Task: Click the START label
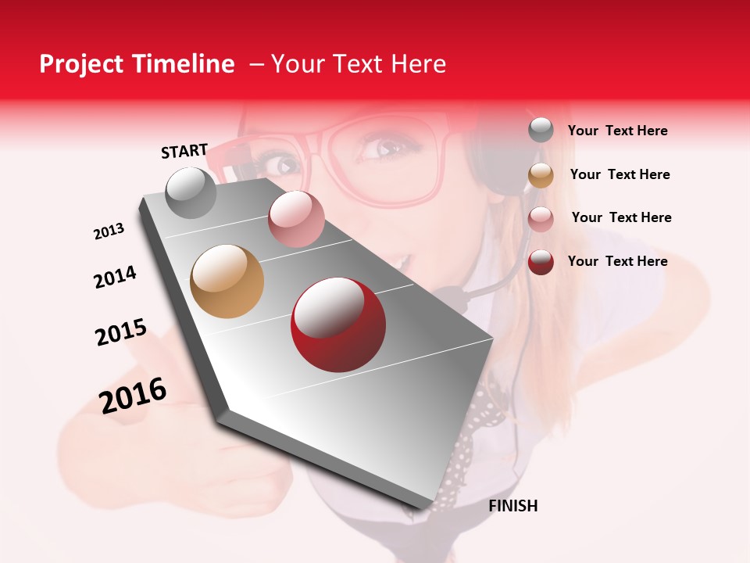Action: pyautogui.click(x=184, y=150)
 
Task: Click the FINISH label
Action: pyautogui.click(x=513, y=506)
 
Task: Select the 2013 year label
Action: pyautogui.click(x=109, y=231)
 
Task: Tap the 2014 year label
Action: pyautogui.click(x=115, y=277)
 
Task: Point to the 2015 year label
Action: pyautogui.click(x=121, y=332)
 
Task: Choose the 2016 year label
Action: pyautogui.click(x=133, y=395)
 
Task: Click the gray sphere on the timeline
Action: pyautogui.click(x=191, y=192)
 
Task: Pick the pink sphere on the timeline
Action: pyautogui.click(x=296, y=219)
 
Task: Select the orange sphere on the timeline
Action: pyautogui.click(x=227, y=281)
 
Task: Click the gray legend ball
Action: pyautogui.click(x=541, y=131)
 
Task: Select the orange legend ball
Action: pyautogui.click(x=541, y=175)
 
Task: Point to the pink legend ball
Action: pyautogui.click(x=541, y=219)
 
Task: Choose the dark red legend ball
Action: pyautogui.click(x=541, y=262)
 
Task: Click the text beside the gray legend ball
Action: pyautogui.click(x=617, y=131)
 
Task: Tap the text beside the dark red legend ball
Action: pyautogui.click(x=617, y=261)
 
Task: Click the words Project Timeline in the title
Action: pyautogui.click(x=137, y=64)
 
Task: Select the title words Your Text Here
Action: pyautogui.click(x=358, y=64)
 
